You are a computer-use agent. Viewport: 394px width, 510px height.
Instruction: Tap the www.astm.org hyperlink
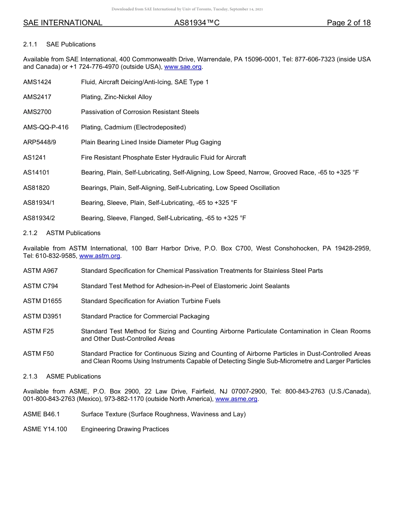pos(100,256)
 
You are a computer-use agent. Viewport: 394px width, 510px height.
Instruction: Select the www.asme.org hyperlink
pos(236,399)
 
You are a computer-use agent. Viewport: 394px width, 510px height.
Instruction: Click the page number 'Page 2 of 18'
pos(348,23)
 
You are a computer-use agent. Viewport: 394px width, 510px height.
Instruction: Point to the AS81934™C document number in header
pos(197,23)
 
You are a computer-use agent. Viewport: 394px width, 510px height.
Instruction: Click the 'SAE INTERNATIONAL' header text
pos(63,23)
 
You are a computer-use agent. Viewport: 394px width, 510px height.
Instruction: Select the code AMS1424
pos(37,82)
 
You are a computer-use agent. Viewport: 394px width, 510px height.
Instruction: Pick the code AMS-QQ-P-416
pos(46,127)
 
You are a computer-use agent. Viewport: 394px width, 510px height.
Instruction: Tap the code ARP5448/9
pos(39,142)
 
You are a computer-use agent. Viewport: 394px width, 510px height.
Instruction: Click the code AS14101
pos(36,172)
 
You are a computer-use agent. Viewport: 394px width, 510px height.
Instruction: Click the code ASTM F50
pos(39,354)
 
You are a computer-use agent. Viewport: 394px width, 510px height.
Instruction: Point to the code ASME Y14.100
pos(45,429)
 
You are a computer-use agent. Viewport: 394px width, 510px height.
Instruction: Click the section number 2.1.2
pos(30,233)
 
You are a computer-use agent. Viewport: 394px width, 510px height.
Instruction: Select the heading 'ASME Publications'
pos(73,376)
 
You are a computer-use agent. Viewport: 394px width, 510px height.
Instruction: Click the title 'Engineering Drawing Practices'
pos(125,429)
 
